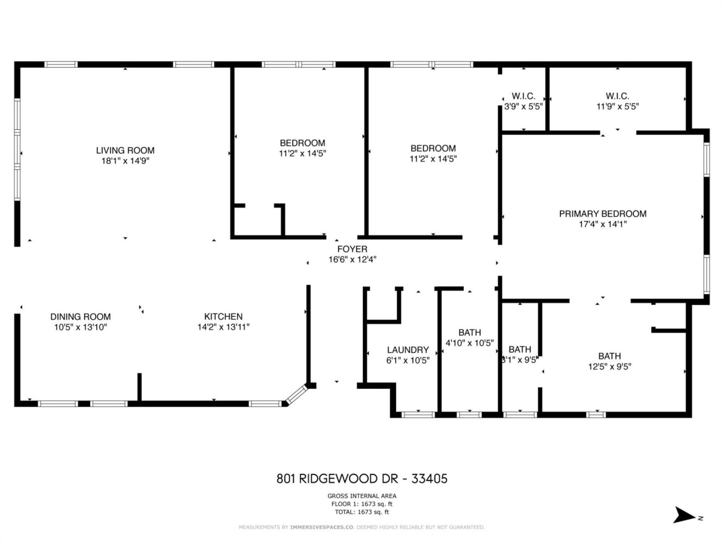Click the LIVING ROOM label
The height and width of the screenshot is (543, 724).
pyautogui.click(x=125, y=150)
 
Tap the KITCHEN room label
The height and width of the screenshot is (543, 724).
pyautogui.click(x=223, y=317)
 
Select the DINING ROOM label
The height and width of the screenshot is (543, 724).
pyautogui.click(x=80, y=317)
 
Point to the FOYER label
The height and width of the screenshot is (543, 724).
pyautogui.click(x=352, y=249)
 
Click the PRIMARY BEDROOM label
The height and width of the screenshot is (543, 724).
pyautogui.click(x=603, y=213)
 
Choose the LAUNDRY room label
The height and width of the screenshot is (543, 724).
pyautogui.click(x=408, y=350)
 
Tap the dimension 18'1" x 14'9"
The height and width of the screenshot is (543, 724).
pyautogui.click(x=125, y=161)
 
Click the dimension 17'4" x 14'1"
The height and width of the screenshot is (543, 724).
pyautogui.click(x=603, y=224)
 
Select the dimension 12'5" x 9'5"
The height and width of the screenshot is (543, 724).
pyautogui.click(x=609, y=367)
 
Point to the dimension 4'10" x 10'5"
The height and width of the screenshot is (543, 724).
pyautogui.click(x=470, y=343)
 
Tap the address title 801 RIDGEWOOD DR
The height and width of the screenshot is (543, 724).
pyautogui.click(x=337, y=479)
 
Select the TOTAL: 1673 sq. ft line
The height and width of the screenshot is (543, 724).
pyautogui.click(x=362, y=512)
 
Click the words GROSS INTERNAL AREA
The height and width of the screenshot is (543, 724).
pyautogui.click(x=362, y=496)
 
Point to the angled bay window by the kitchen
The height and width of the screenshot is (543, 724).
pyautogui.click(x=296, y=395)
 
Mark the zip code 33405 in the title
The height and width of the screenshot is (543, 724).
pyautogui.click(x=430, y=479)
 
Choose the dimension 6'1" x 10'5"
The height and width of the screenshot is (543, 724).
pyautogui.click(x=408, y=361)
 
